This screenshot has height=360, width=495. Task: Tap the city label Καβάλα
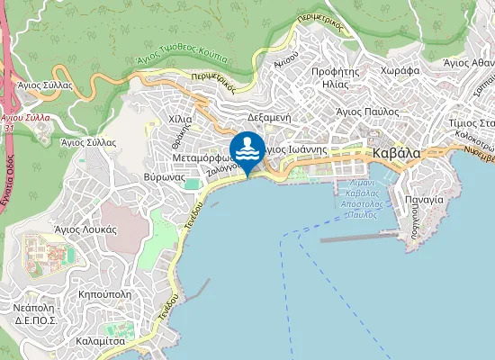pos(396,154)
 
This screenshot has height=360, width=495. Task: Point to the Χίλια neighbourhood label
pos(180,119)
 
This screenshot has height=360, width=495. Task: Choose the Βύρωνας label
pos(165,177)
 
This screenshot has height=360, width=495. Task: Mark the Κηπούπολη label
pos(105,294)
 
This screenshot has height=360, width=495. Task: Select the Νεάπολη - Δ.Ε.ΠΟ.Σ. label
pos(36,313)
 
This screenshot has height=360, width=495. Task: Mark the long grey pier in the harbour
pos(358,238)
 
